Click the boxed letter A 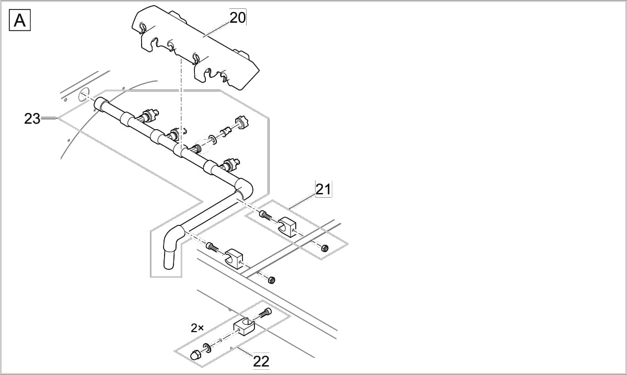click(x=20, y=20)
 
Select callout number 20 click(x=237, y=18)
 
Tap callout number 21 click(x=323, y=189)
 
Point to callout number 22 click(x=261, y=360)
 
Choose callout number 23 click(x=32, y=119)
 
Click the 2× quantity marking click(x=197, y=328)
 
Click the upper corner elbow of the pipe click(x=243, y=188)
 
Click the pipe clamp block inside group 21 click(x=287, y=226)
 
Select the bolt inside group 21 click(x=265, y=214)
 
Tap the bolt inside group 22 click(x=265, y=313)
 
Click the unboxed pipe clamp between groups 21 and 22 click(x=235, y=258)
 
